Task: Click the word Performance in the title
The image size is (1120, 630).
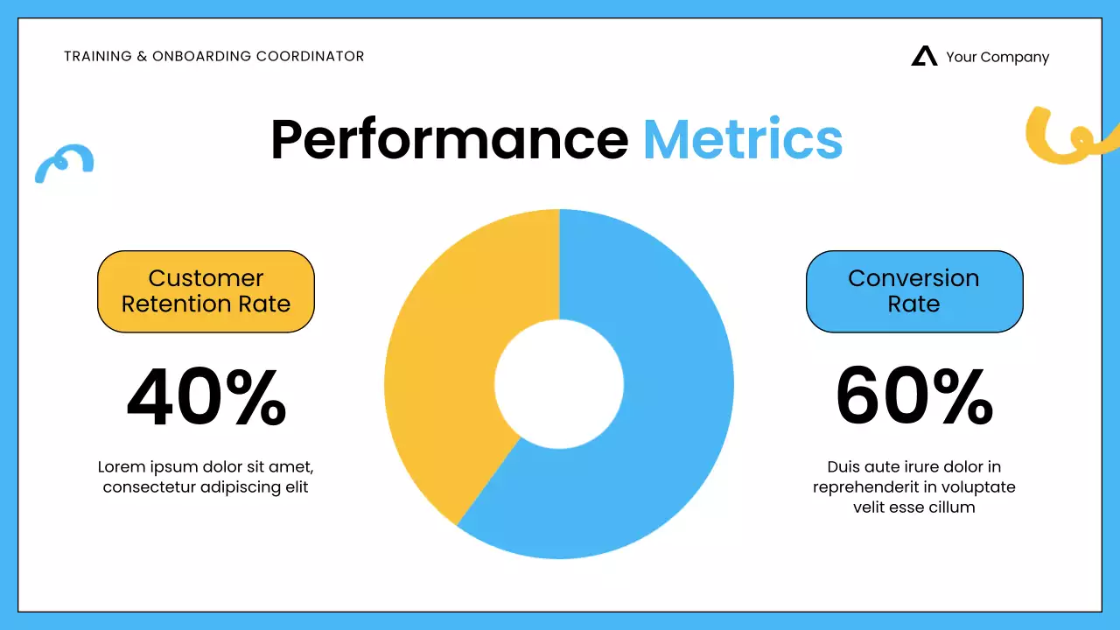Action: [449, 139]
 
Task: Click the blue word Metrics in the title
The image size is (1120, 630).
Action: [742, 139]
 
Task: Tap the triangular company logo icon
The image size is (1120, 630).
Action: [923, 57]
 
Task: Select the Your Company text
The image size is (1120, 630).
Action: [997, 58]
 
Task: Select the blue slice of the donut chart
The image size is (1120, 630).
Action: [665, 420]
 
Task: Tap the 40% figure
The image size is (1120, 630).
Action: [206, 398]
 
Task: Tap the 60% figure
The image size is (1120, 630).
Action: [914, 398]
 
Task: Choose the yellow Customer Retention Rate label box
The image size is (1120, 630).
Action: [206, 291]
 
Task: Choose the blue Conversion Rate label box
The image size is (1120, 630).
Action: [914, 291]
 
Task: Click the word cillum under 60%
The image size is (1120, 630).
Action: [952, 507]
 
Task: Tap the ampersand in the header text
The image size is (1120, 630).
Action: [141, 57]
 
